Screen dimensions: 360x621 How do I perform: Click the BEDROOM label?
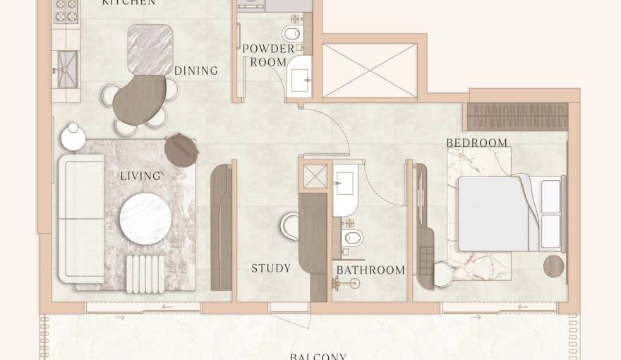pos(476,143)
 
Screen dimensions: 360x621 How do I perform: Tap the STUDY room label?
pos(271,268)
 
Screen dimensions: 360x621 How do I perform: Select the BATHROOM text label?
pos(370,270)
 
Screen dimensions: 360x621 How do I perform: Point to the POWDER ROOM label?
pos(268,55)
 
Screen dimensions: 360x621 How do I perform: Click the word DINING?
pos(195,71)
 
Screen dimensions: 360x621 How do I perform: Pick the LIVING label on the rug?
pos(140,175)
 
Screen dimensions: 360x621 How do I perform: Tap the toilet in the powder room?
pos(291,34)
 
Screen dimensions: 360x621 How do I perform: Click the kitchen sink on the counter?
pos(68,68)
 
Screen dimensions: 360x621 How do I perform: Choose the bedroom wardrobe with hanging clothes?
pos(518,116)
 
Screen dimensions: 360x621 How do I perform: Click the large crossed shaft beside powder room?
pos(369,71)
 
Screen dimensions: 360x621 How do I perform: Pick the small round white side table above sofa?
pos(73,136)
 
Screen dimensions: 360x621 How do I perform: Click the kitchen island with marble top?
pos(150,49)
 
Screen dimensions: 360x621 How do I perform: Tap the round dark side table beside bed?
pos(554,266)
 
